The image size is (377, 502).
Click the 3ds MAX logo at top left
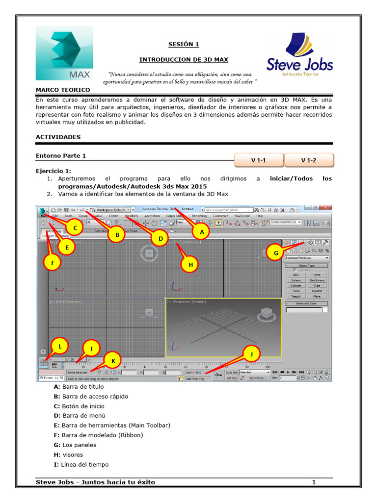[x=64, y=53]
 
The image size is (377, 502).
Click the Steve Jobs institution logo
[x=299, y=54]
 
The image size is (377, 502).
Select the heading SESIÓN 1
[x=184, y=45]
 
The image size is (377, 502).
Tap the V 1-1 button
[x=259, y=160]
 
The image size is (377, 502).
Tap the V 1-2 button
[x=309, y=160]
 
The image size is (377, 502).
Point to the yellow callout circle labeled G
[x=276, y=253]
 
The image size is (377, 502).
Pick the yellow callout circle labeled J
[x=252, y=353]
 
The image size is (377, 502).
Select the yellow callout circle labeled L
[x=60, y=346]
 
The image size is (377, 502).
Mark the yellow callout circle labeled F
[x=52, y=263]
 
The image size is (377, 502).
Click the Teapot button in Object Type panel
[x=296, y=297]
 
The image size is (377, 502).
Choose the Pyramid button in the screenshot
[x=317, y=291]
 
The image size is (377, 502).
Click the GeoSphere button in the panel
[x=317, y=280]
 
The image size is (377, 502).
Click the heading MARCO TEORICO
[x=63, y=90]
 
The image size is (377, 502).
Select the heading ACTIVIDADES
[x=58, y=137]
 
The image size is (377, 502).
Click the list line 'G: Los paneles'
[x=75, y=445]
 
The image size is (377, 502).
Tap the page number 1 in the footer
[x=314, y=482]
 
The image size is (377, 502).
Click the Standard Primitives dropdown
[x=307, y=258]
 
